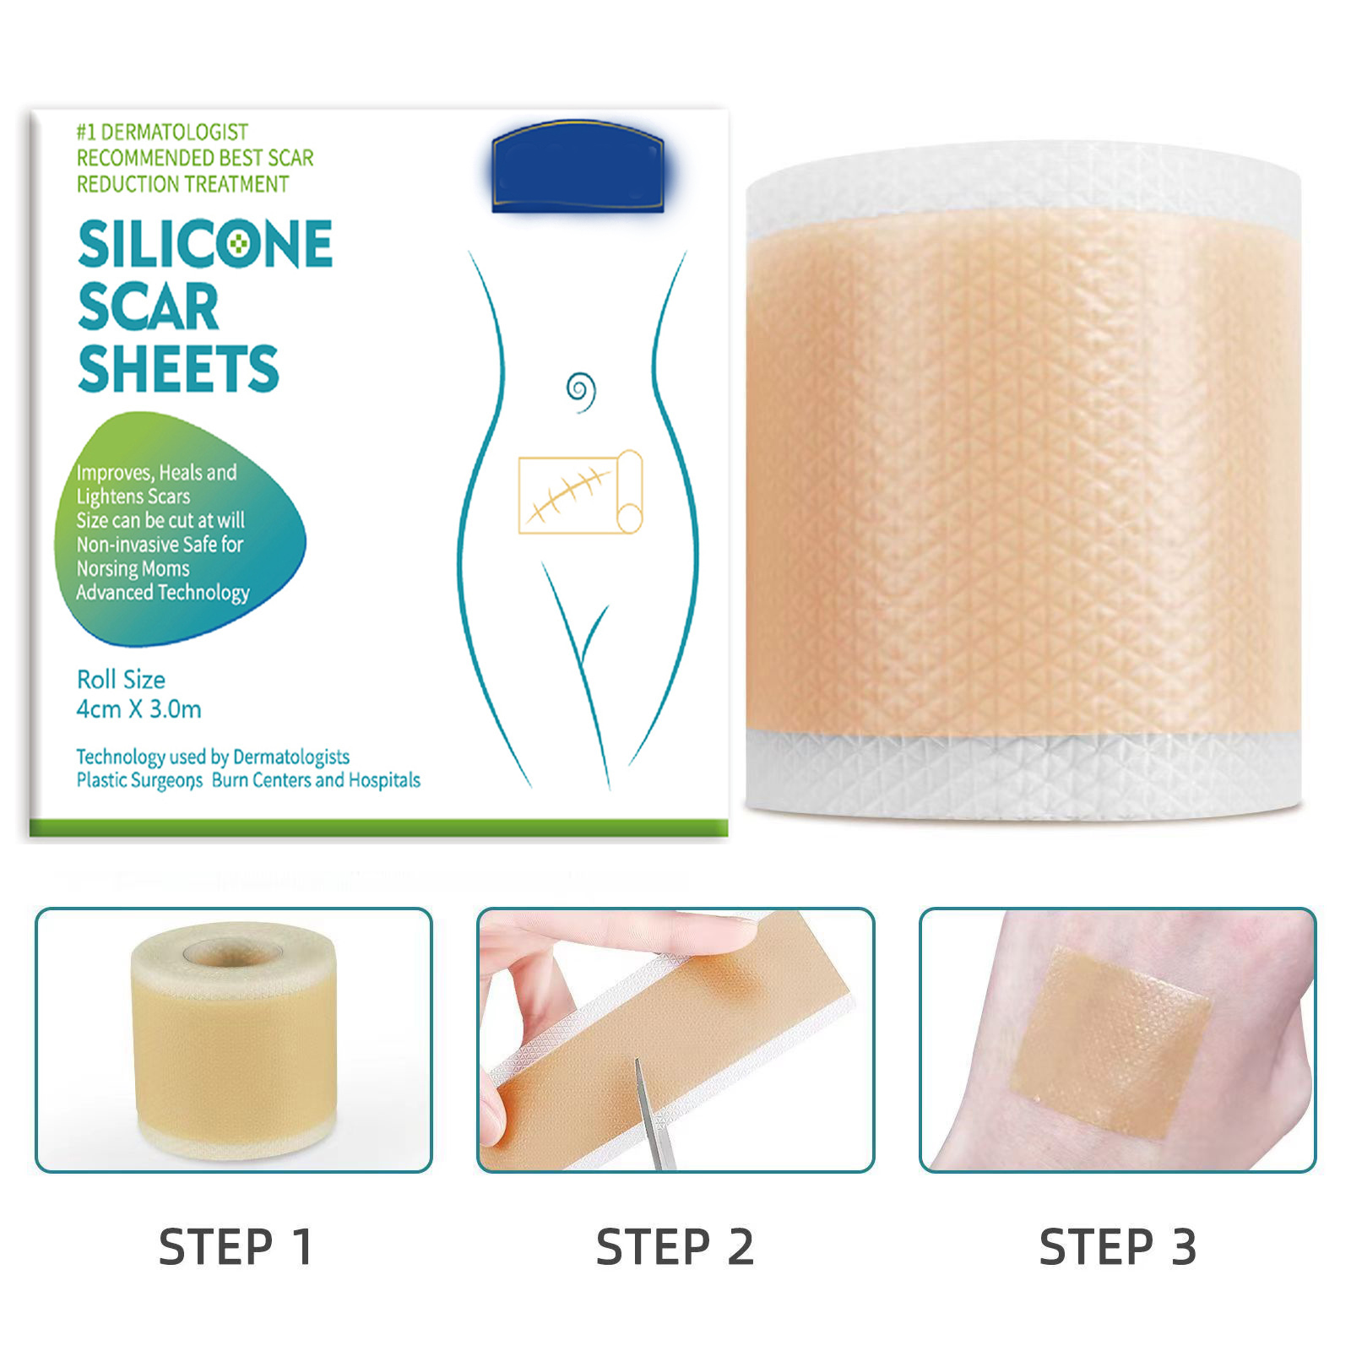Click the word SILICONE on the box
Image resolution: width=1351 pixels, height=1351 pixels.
pos(204,244)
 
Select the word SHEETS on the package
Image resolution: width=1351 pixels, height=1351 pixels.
pos(178,368)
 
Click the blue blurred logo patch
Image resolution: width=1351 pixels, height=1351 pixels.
pos(578,166)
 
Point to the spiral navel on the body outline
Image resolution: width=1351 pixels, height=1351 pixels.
pos(581,392)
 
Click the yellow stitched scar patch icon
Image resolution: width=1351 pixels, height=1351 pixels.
pos(580,493)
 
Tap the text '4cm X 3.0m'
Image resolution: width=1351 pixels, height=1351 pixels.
pos(138,709)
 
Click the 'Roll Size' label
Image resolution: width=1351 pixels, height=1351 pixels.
pos(121,680)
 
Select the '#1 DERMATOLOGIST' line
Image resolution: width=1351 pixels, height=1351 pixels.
pos(162,133)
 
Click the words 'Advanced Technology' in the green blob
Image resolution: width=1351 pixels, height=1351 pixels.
pos(163,593)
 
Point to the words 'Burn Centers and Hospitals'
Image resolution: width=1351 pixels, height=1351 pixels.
pos(316,780)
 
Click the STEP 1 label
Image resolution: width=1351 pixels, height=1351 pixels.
pos(236,1247)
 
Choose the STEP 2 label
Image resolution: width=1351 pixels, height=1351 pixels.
pos(675,1247)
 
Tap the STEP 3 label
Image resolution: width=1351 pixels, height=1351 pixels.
pos(1117,1247)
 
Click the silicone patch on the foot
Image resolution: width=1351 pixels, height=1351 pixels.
pos(1111,1040)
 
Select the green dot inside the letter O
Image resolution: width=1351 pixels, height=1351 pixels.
pos(240,244)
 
